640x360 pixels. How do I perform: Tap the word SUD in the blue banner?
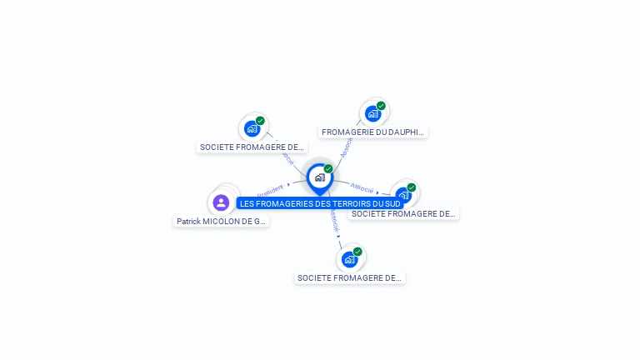click(x=392, y=203)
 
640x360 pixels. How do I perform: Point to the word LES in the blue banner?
click(x=247, y=203)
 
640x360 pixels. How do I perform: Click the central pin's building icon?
click(x=319, y=177)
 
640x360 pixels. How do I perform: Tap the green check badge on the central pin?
click(x=328, y=168)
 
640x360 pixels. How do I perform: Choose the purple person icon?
click(x=221, y=202)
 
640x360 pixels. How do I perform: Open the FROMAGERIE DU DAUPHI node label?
click(x=373, y=132)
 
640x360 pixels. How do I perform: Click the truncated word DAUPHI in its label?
click(x=407, y=132)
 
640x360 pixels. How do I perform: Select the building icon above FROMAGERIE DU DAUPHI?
click(x=372, y=113)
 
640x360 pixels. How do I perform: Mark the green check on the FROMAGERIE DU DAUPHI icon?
click(x=382, y=106)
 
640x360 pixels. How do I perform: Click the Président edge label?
click(x=270, y=188)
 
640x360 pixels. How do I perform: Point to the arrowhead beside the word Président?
click(x=288, y=184)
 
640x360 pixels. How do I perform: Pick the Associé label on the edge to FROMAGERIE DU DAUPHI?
click(x=346, y=147)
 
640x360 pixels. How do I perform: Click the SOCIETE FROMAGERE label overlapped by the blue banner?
click(x=403, y=214)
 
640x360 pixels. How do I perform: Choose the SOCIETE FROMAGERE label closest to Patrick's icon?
click(x=252, y=147)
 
